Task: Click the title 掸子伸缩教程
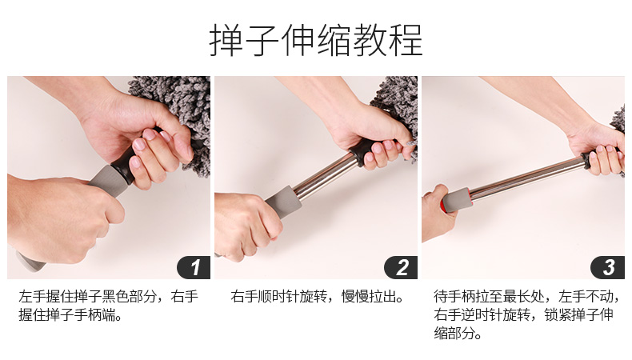316,40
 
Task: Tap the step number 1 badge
194,267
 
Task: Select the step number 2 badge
401,267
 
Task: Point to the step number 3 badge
608,267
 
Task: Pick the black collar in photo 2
358,152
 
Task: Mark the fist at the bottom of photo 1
61,218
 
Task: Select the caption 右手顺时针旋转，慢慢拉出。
318,297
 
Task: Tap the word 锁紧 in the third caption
558,315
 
